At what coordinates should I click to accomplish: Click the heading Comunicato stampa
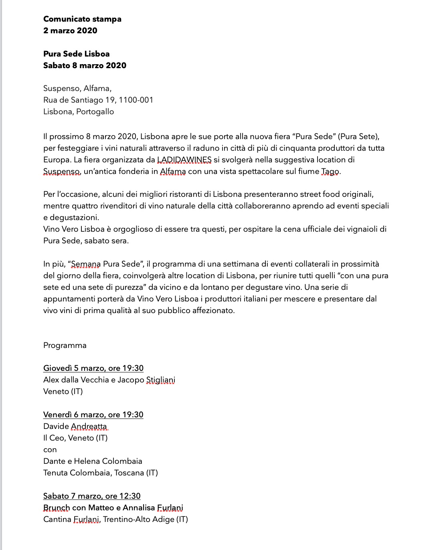82,19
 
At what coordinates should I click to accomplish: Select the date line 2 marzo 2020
70,30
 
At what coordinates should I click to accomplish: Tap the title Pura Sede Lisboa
76,54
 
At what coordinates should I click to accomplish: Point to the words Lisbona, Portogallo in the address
79,111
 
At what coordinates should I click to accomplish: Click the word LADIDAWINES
184,160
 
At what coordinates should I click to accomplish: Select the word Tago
330,172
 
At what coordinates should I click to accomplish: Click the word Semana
86,264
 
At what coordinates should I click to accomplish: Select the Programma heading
65,346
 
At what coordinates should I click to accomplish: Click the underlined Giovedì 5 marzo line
93,368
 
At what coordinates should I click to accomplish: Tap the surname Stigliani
160,380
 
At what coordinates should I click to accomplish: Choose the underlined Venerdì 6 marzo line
93,415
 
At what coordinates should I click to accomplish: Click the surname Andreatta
89,426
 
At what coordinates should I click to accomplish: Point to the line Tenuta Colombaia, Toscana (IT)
101,473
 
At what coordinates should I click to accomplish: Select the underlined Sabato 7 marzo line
92,496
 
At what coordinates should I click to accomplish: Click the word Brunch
57,508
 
